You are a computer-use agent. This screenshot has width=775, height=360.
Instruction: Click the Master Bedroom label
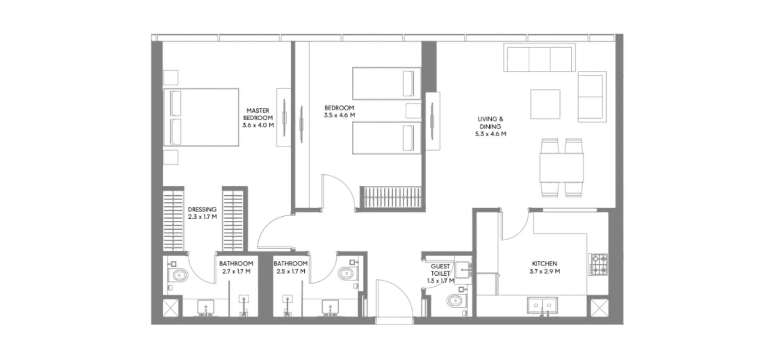point(258,118)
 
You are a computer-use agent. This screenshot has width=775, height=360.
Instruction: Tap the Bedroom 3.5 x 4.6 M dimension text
point(339,115)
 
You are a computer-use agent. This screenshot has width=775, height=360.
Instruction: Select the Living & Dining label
point(490,126)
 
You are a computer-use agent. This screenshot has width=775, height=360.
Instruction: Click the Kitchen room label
point(545,268)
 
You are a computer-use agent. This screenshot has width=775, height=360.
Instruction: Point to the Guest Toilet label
point(440,273)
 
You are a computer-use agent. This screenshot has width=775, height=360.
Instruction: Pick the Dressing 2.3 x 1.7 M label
point(202,213)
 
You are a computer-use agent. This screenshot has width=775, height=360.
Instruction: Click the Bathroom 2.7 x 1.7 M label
point(236,268)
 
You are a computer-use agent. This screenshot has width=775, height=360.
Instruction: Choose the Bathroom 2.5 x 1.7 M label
point(291,268)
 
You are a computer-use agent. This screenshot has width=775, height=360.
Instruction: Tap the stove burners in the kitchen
point(598,264)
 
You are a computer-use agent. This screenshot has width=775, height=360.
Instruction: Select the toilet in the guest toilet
point(457,301)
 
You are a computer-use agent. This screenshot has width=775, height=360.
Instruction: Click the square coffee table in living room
point(545,104)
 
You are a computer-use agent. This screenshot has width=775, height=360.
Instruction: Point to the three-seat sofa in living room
point(540,59)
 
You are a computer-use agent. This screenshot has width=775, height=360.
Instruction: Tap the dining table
point(561,167)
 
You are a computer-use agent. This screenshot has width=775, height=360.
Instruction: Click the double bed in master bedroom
point(201,117)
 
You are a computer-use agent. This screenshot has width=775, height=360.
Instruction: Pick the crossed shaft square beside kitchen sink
point(599,308)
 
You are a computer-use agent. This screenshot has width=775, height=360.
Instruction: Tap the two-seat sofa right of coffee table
point(591,97)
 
